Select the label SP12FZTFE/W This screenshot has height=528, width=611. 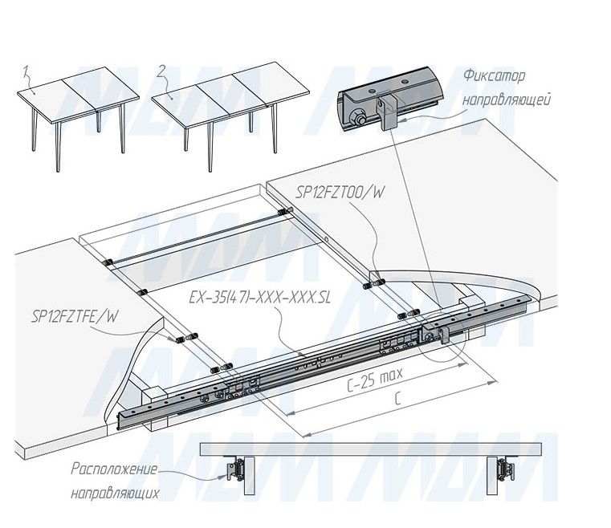click(x=74, y=317)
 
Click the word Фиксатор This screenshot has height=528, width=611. click(x=493, y=77)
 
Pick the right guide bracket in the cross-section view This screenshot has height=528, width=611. click(x=504, y=469)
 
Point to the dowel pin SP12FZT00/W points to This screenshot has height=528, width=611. click(x=375, y=282)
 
